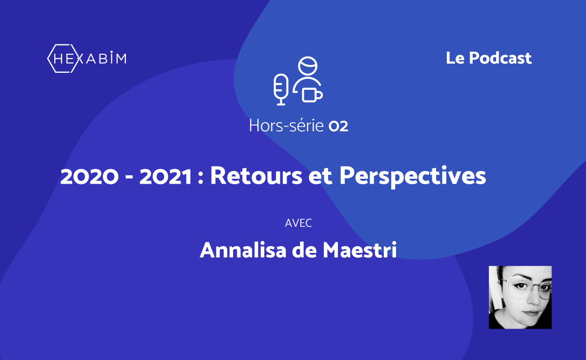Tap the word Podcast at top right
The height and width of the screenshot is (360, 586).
[500, 58]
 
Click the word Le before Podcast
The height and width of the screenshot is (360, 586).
[455, 58]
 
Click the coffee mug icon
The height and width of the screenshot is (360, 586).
[313, 95]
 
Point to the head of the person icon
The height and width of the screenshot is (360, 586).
[308, 65]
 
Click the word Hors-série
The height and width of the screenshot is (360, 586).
[287, 126]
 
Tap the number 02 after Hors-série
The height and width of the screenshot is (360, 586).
[338, 127]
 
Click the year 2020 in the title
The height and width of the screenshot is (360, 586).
[89, 177]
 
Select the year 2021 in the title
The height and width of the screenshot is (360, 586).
[166, 177]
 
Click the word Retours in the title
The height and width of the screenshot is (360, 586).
[256, 175]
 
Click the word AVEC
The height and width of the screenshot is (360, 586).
[298, 223]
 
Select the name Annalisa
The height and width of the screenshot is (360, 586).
[243, 250]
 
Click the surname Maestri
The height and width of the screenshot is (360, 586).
[360, 250]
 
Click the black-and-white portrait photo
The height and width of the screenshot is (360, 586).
[520, 297]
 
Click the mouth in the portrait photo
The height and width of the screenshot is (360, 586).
[530, 313]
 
